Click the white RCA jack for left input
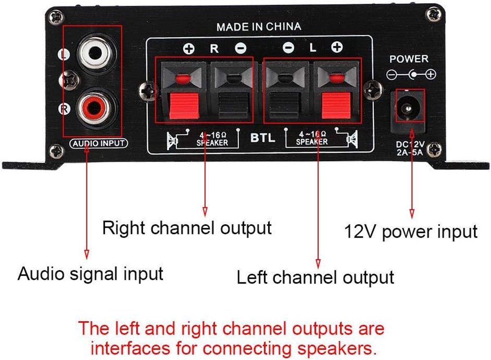[x=96, y=53]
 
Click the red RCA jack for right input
[x=95, y=108]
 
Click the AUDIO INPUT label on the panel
[x=99, y=144]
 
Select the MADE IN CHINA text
[x=259, y=27]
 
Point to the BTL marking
[x=263, y=138]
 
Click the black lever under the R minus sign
[x=234, y=106]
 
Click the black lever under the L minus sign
[x=284, y=106]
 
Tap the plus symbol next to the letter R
[x=189, y=48]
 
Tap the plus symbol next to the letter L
[x=337, y=47]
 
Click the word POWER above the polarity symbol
[x=409, y=59]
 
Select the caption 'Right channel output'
[x=187, y=228]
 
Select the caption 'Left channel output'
[x=315, y=277]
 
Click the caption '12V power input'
[x=411, y=232]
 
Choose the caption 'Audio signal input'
[x=90, y=274]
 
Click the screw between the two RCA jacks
[x=69, y=81]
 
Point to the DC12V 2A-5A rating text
[x=410, y=148]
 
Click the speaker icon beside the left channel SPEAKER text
[x=352, y=139]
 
